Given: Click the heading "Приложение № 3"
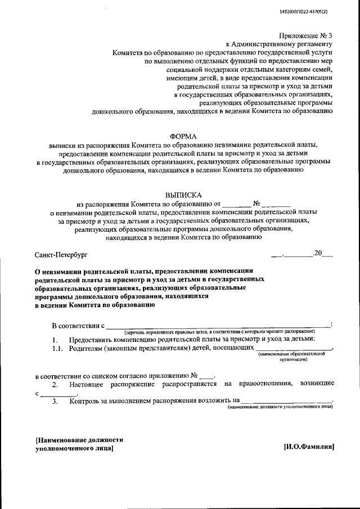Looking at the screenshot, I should tap(307, 35).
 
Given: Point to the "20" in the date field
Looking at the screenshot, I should tap(318, 253).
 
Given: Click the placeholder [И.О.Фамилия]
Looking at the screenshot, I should tap(309, 447).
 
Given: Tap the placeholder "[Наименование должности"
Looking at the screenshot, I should tap(79, 440).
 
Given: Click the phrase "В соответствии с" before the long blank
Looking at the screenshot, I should tap(78, 326).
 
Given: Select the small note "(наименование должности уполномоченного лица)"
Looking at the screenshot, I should tap(280, 406).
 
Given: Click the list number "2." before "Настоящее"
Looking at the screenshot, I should tap(55, 384).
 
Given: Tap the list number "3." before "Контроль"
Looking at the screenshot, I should tap(55, 401).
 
